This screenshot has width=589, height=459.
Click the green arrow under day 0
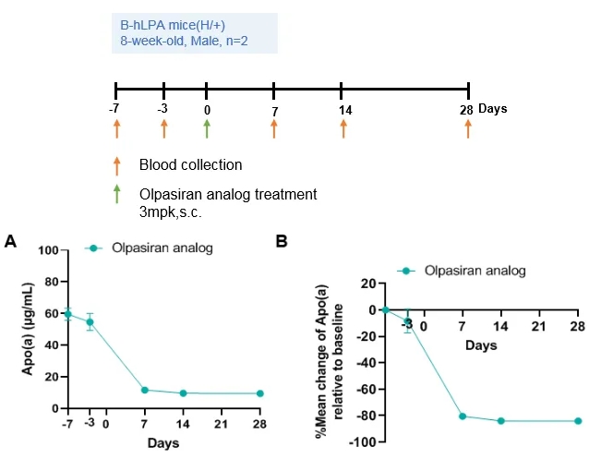click(207, 127)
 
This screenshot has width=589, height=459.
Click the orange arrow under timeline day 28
click(468, 127)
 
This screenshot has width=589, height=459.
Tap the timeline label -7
click(114, 109)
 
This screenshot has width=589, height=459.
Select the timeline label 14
click(343, 110)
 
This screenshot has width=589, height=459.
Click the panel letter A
click(10, 242)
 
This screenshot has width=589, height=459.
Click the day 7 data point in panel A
click(144, 390)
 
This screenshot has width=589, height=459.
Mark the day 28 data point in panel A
click(260, 393)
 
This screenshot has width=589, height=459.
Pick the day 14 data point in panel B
click(500, 420)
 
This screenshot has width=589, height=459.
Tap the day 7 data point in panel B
click(463, 417)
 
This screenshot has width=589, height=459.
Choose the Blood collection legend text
click(190, 165)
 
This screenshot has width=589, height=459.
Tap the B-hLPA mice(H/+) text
click(164, 25)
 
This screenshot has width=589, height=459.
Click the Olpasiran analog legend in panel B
click(475, 271)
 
